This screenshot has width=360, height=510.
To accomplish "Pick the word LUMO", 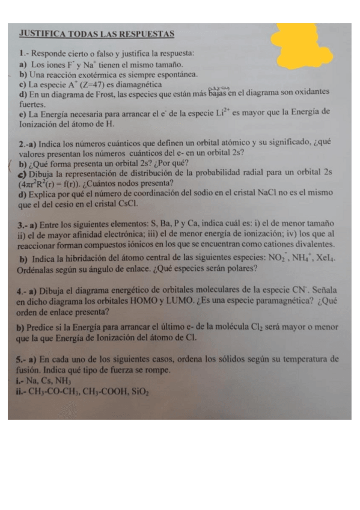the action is [x=177, y=301].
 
